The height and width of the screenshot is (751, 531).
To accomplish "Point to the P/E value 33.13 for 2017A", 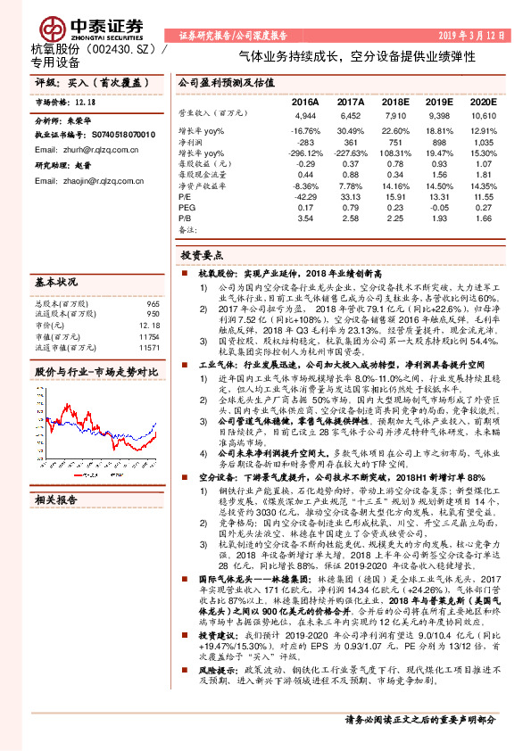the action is click(x=351, y=196).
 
